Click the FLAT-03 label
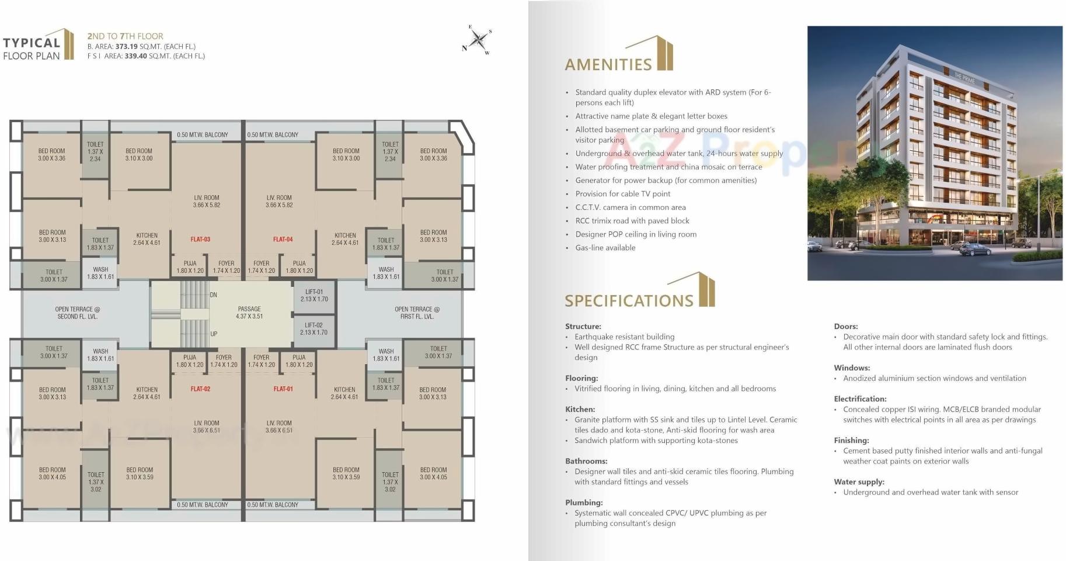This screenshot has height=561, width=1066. click(200, 239)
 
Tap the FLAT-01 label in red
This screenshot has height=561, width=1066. click(283, 389)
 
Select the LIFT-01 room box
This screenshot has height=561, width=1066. click(313, 295)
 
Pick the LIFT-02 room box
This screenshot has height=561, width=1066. click(313, 329)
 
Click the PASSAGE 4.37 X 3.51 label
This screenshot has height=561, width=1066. click(249, 313)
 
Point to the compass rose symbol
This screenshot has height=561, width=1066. click(478, 40)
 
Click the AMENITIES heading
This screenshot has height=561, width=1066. click(608, 64)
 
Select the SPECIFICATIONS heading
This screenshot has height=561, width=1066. click(629, 300)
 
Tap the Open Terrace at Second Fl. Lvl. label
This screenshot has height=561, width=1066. click(77, 313)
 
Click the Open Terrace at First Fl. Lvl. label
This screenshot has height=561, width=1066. click(417, 313)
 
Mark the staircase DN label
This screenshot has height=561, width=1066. click(213, 295)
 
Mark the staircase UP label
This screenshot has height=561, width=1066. click(214, 334)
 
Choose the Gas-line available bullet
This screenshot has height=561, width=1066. click(605, 248)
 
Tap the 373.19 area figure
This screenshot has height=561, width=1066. click(127, 46)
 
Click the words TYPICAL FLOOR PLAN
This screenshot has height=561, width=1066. click(32, 49)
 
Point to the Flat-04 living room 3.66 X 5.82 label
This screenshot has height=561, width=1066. click(279, 202)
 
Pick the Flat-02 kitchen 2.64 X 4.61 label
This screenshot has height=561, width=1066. click(147, 393)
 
